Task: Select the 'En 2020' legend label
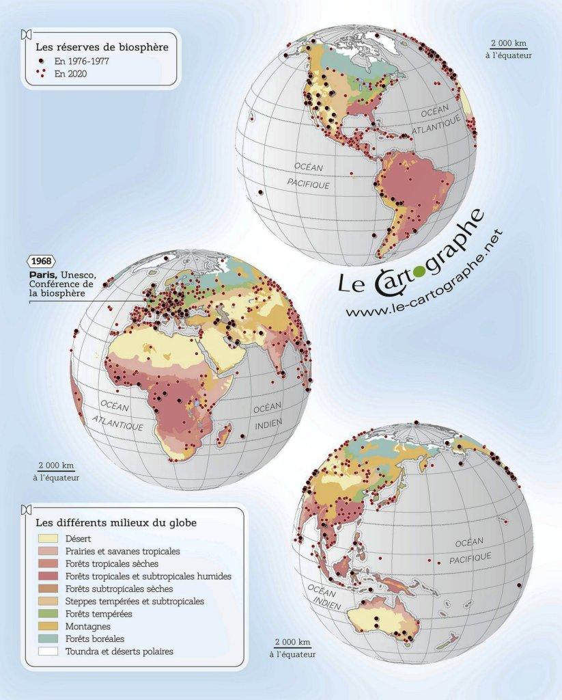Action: coord(70,73)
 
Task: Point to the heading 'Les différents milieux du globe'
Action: coord(116,523)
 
